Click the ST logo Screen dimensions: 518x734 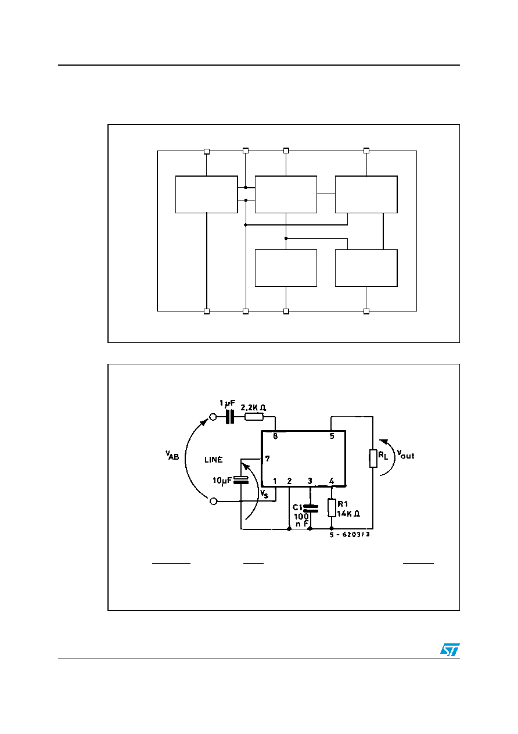[x=449, y=650]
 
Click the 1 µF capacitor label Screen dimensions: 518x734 [x=227, y=403]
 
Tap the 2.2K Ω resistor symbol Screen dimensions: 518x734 [x=254, y=417]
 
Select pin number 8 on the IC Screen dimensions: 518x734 [x=275, y=436]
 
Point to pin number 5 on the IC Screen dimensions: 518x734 [x=332, y=436]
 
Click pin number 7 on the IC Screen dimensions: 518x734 [x=268, y=459]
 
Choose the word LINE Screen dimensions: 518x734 [x=214, y=460]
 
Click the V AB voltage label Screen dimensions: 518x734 [x=172, y=455]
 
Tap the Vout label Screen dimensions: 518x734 [x=406, y=454]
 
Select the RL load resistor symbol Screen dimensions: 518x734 [x=373, y=459]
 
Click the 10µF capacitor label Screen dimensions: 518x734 [x=222, y=481]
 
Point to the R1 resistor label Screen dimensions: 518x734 [x=343, y=504]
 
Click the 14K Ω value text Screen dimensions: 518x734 [x=348, y=514]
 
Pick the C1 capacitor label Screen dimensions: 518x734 [x=298, y=507]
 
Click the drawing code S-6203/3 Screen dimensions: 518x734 [x=350, y=535]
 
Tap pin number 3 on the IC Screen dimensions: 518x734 [x=310, y=481]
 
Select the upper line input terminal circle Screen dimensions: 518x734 [x=213, y=417]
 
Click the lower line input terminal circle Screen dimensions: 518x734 [x=213, y=501]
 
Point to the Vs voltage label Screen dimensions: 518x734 [x=264, y=494]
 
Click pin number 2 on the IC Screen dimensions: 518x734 [x=289, y=481]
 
